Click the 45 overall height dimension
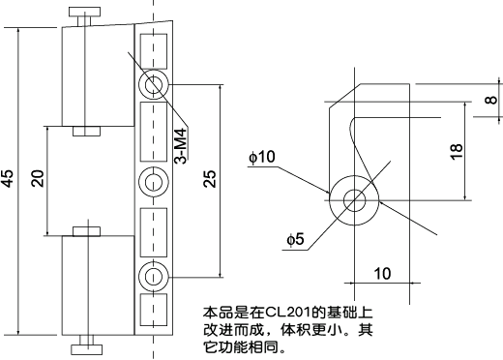[x=9, y=180]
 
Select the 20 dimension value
[x=38, y=180]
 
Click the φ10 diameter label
[x=261, y=155]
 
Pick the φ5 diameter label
[x=296, y=239]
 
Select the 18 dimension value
[x=457, y=149]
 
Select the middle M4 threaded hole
[x=153, y=180]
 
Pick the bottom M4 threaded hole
[x=153, y=276]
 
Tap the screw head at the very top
[x=83, y=13]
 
